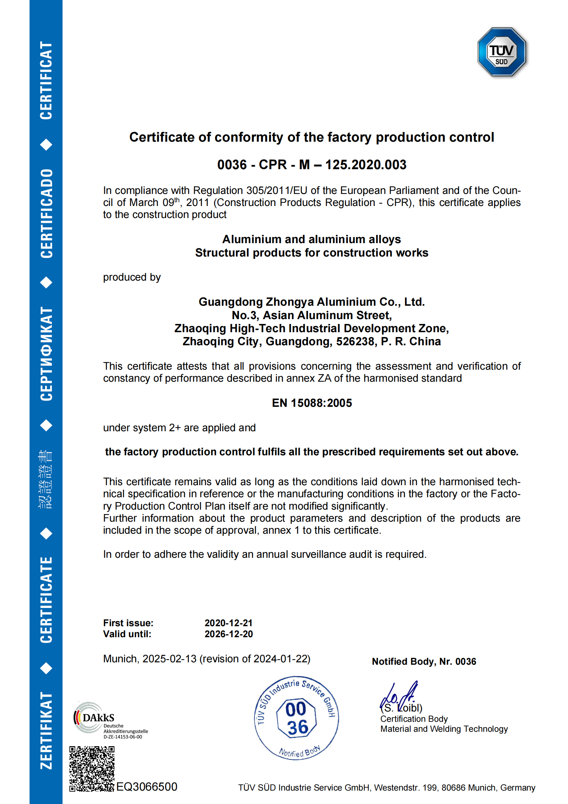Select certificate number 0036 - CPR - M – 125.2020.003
pyautogui.click(x=311, y=165)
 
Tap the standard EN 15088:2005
pyautogui.click(x=311, y=403)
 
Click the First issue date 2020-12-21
pyautogui.click(x=228, y=623)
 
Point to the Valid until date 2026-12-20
pyautogui.click(x=228, y=634)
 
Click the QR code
pyautogui.click(x=92, y=769)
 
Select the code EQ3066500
pyautogui.click(x=147, y=786)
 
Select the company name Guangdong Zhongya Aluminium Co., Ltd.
pyautogui.click(x=311, y=302)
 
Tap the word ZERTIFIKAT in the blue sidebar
pyautogui.click(x=46, y=730)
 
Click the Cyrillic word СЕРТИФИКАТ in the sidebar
pyautogui.click(x=46, y=354)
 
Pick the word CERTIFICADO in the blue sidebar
pyautogui.click(x=46, y=214)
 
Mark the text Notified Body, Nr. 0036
pyautogui.click(x=424, y=662)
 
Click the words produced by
pyautogui.click(x=132, y=277)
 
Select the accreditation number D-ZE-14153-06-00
pyautogui.click(x=123, y=737)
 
